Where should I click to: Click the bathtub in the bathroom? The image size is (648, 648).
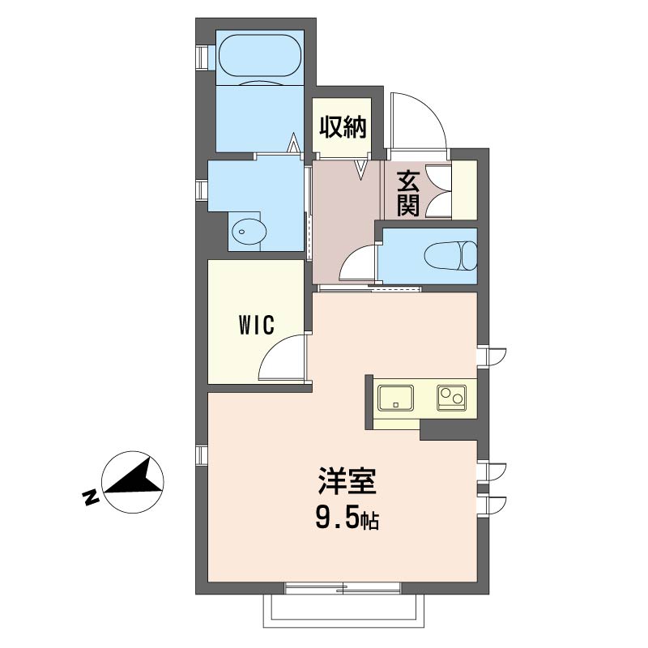(x=260, y=58)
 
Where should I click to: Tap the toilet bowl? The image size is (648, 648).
(x=451, y=256)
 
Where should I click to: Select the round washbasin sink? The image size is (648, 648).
(x=249, y=232)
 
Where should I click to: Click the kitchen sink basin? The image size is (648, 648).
(x=395, y=398)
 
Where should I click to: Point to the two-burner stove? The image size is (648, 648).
(x=452, y=397)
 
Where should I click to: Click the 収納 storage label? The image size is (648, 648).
(x=343, y=127)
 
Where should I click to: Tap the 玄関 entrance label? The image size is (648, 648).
(x=408, y=193)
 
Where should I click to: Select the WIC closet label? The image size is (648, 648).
(x=256, y=325)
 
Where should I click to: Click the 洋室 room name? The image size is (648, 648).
(x=347, y=481)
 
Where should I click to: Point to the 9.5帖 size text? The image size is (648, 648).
(x=347, y=519)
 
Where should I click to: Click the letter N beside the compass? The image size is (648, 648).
(x=91, y=497)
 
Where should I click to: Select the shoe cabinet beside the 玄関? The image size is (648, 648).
(x=464, y=190)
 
